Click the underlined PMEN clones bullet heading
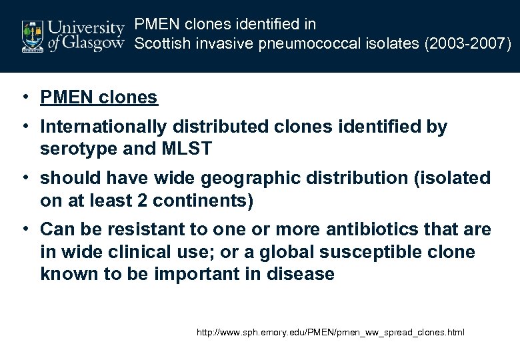click(x=99, y=97)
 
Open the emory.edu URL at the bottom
click(x=331, y=332)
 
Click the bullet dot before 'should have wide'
click(x=23, y=178)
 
